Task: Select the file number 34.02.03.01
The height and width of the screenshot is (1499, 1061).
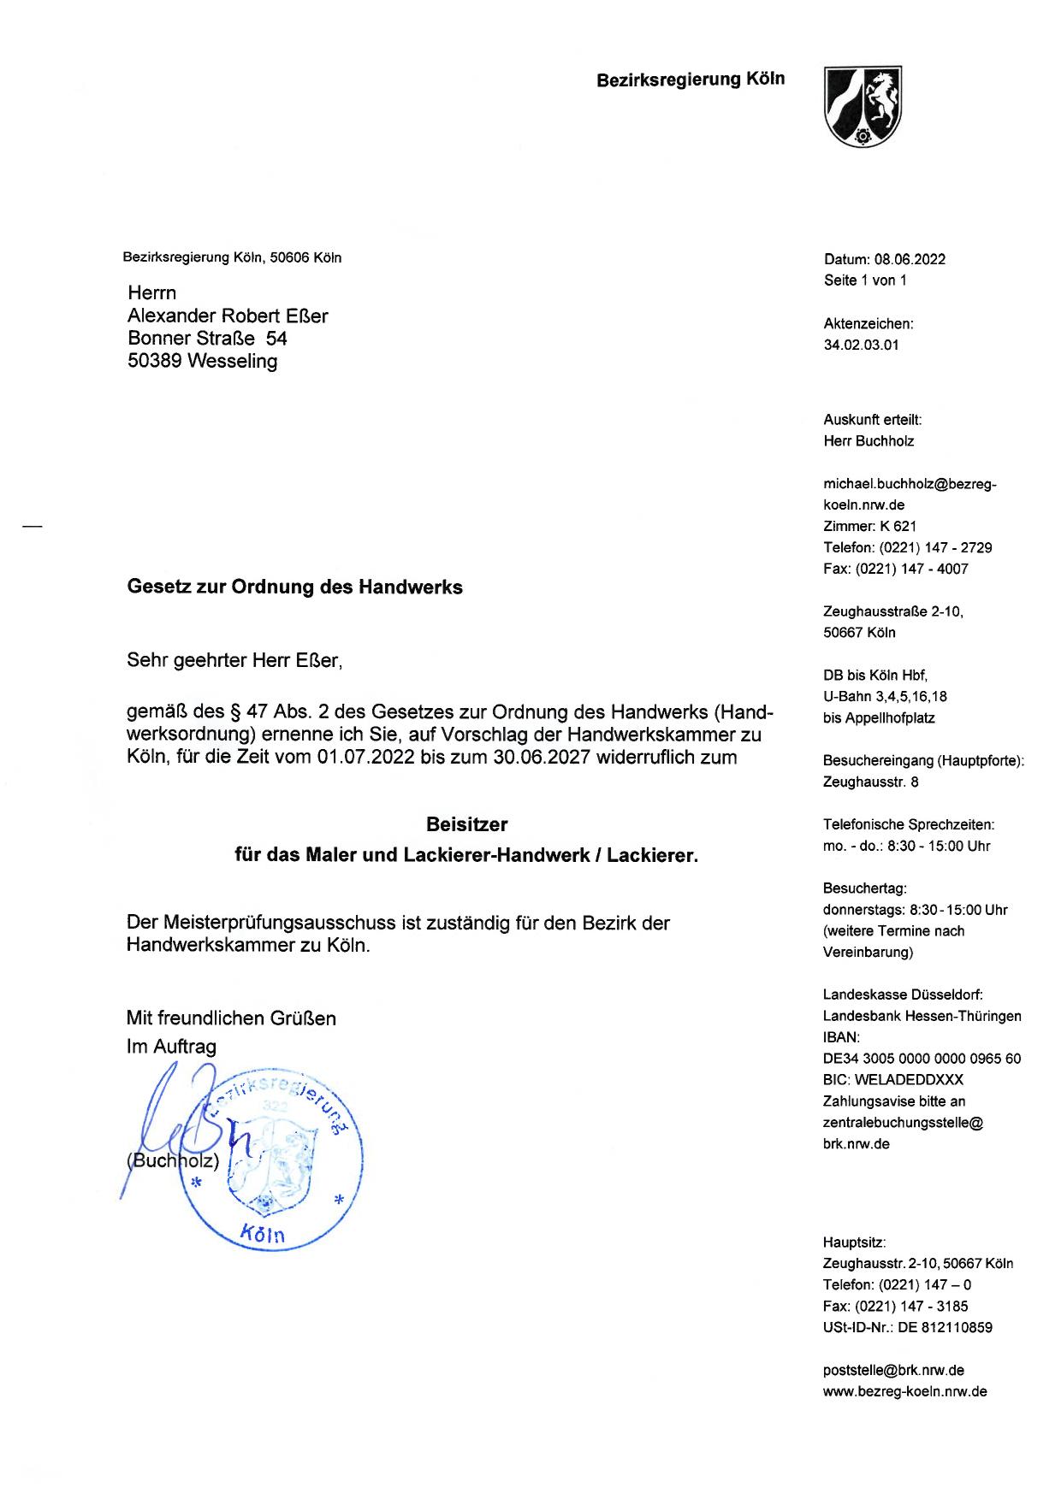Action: click(x=861, y=345)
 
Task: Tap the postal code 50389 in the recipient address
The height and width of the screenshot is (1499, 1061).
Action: click(x=155, y=362)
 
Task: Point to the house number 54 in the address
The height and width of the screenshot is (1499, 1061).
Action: click(x=276, y=339)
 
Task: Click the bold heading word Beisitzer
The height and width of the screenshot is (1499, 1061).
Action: click(x=466, y=825)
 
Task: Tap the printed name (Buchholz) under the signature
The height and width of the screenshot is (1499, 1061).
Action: click(x=173, y=1161)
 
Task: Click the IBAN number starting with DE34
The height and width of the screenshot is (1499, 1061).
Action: click(x=922, y=1059)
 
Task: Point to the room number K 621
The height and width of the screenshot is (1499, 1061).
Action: click(x=898, y=526)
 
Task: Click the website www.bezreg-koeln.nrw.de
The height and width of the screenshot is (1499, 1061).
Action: click(x=904, y=1391)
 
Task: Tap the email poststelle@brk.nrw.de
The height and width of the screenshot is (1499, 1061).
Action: click(x=893, y=1370)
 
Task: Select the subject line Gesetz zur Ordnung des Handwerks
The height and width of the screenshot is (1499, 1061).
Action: click(x=294, y=587)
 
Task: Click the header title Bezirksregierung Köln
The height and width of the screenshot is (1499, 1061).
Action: click(x=691, y=80)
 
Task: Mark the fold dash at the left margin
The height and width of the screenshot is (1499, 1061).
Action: click(x=33, y=528)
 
